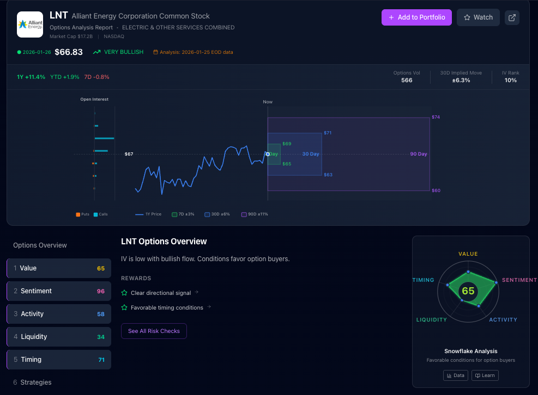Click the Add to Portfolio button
point(416,17)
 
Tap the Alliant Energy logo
point(30,24)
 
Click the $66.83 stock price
point(69,52)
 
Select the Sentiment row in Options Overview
point(59,291)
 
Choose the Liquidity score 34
point(101,337)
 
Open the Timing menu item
point(59,360)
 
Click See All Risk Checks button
point(154,331)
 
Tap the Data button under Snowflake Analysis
point(455,375)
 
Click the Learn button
point(485,375)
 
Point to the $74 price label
point(436,117)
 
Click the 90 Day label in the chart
point(419,154)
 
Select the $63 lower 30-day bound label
point(328,175)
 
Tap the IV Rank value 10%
point(510,80)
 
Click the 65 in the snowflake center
point(468,291)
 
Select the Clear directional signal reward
point(161,293)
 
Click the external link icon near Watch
point(512,17)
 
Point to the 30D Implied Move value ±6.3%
point(461,80)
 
